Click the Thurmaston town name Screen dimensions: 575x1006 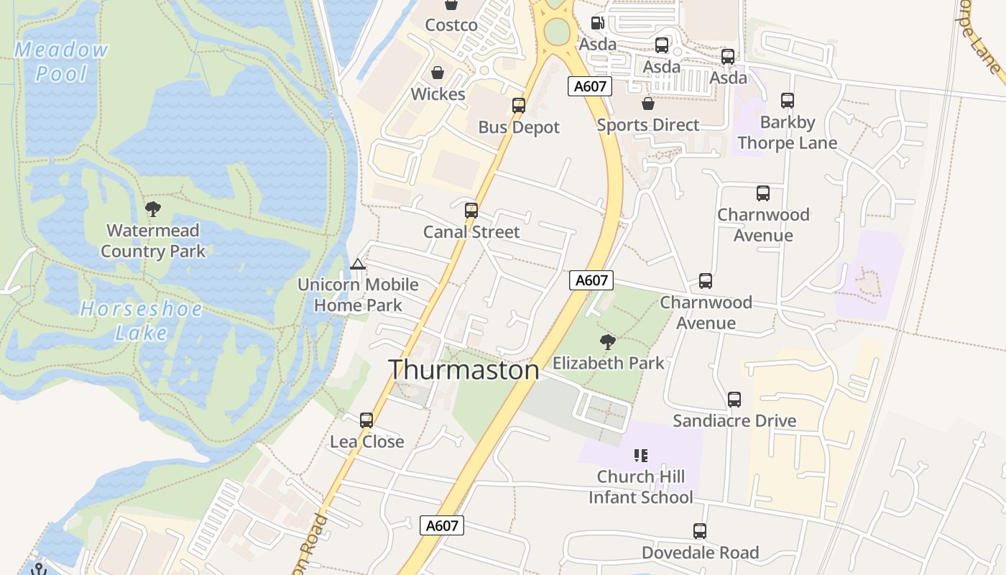coord(463,369)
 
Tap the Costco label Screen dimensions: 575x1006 coord(451,25)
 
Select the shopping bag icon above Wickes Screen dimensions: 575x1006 coord(437,73)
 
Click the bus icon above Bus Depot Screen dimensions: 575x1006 coord(519,106)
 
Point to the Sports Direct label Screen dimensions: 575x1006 coord(648,125)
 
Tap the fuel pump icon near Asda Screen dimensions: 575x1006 coord(596,23)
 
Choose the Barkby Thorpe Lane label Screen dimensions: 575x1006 coord(788,133)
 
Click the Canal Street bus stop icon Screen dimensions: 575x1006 coord(471,211)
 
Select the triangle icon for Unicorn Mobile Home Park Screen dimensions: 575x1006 coord(358,264)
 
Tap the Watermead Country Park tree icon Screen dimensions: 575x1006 coord(152,209)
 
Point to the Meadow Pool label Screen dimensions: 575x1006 coord(61,62)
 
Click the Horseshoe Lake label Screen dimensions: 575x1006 coord(141,321)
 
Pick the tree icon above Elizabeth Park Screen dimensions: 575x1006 coord(608,342)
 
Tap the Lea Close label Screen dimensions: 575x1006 coord(367,441)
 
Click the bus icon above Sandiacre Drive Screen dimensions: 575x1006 coord(734,400)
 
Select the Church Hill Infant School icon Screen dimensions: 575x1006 coord(641,455)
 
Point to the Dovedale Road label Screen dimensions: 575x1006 coord(700,553)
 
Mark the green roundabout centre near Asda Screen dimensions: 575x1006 coord(556,31)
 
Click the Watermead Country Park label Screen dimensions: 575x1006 coord(153,241)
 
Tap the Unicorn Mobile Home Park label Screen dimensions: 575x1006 coord(358,295)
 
